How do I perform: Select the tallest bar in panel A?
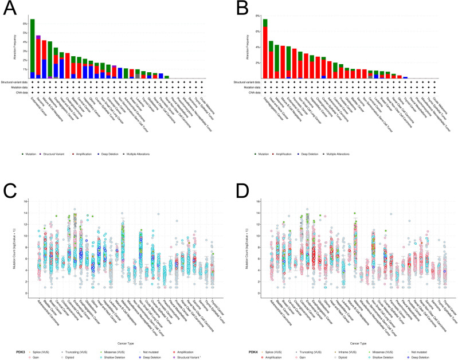33,49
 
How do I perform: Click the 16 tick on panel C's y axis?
22,201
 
